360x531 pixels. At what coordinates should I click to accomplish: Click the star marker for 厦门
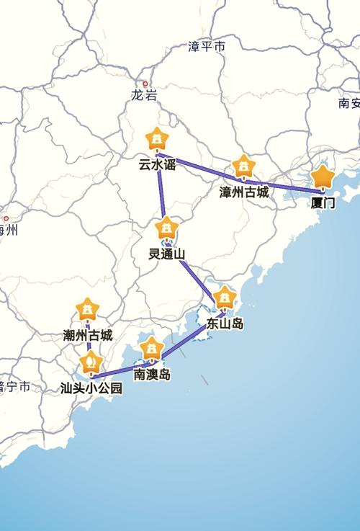tap(323, 177)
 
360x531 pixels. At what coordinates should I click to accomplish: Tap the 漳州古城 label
tap(244, 192)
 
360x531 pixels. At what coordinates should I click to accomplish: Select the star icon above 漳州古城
tap(244, 166)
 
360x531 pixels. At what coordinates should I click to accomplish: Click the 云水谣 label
tap(157, 164)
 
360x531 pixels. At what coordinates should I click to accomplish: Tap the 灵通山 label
tap(167, 254)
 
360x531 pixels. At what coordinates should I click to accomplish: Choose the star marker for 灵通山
tap(167, 228)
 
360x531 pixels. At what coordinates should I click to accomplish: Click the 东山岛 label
tap(225, 323)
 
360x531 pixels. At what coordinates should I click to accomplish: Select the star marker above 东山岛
tap(225, 297)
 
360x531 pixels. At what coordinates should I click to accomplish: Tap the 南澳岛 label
tap(152, 375)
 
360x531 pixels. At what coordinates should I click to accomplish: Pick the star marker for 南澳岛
tap(151, 349)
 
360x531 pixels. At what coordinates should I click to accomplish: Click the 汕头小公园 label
tap(91, 388)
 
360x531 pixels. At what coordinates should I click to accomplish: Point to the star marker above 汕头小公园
tap(91, 362)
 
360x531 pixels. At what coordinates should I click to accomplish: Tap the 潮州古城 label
tap(88, 336)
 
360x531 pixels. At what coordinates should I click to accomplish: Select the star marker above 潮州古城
tap(88, 310)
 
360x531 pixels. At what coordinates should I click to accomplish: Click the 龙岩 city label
tap(144, 95)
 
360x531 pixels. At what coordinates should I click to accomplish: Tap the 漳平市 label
tap(207, 47)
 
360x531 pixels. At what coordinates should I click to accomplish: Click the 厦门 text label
tap(323, 203)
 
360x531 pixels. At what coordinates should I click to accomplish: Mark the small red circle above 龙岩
tap(145, 84)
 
